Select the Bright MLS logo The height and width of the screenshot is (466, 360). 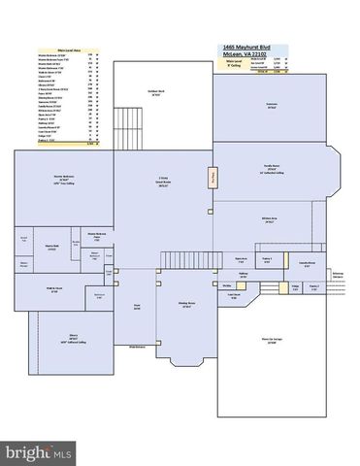pyautogui.click(x=40, y=452)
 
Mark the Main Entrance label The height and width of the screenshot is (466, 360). pyautogui.click(x=137, y=346)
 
